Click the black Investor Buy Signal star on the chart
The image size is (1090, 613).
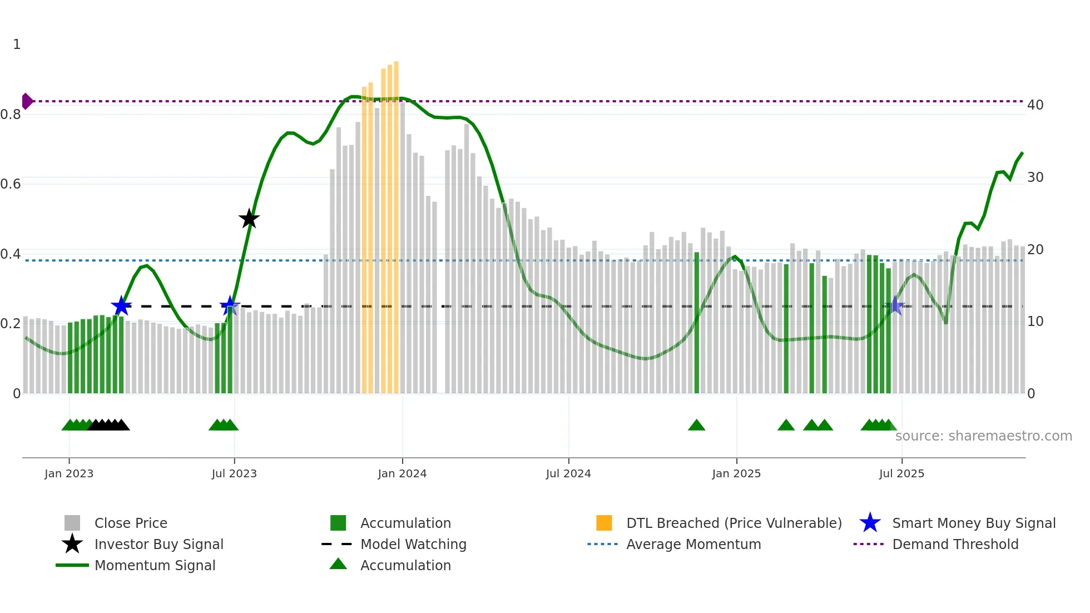(249, 219)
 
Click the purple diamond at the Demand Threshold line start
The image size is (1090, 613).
(27, 101)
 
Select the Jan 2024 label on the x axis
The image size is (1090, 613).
(402, 473)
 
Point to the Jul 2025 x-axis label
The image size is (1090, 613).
(901, 473)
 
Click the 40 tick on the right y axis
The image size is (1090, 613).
(1035, 105)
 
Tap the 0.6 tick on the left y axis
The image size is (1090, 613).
(11, 184)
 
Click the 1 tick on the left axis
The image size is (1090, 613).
(17, 44)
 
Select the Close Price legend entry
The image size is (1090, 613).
(131, 523)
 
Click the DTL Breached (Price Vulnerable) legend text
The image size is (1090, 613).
(734, 523)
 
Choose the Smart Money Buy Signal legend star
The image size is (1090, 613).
(870, 523)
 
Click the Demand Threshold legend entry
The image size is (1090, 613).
(955, 544)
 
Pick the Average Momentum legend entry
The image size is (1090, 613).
(693, 544)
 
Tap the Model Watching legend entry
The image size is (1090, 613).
(413, 544)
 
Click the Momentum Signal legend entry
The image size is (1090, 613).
(155, 565)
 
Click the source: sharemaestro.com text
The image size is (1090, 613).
(983, 436)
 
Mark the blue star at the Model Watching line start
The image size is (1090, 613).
(121, 306)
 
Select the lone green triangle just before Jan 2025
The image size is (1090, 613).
(696, 426)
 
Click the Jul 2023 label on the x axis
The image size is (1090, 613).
(234, 473)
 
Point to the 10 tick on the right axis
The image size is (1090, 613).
(1035, 321)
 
